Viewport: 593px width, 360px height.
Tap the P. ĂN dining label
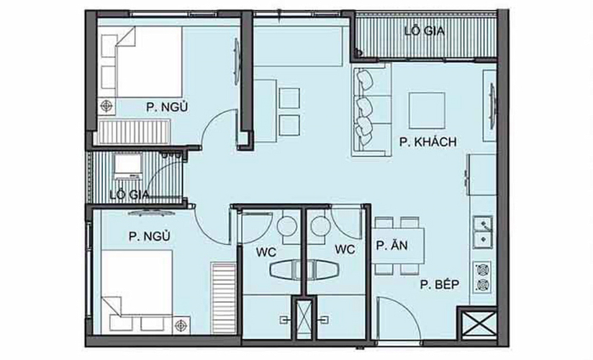[x=392, y=246]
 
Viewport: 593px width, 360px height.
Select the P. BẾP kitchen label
[x=440, y=286]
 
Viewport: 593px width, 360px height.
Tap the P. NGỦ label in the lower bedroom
[x=149, y=235]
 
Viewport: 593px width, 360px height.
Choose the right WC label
[x=345, y=251]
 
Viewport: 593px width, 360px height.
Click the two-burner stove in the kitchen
[x=481, y=277]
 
